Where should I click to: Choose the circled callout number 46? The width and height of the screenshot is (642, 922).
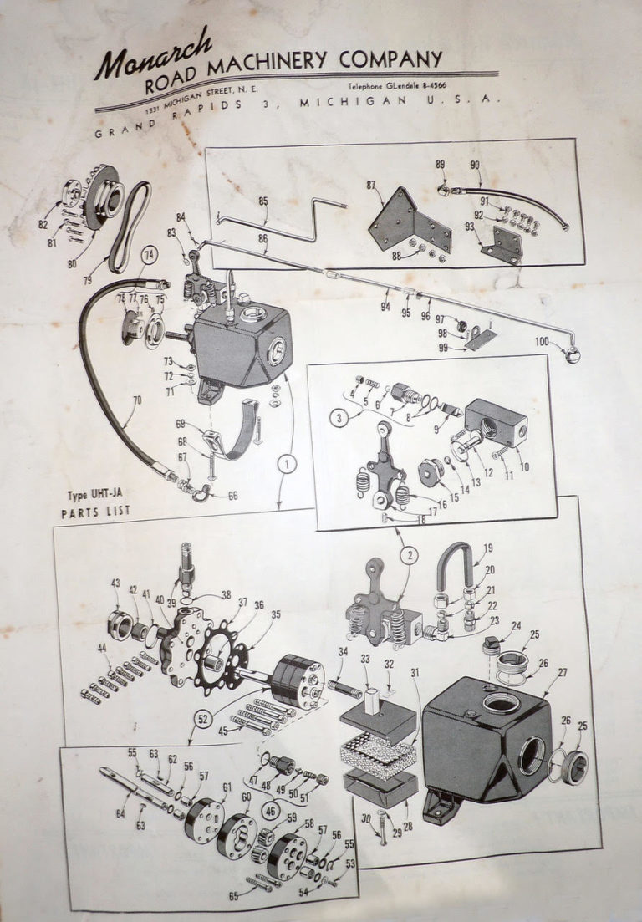[271, 808]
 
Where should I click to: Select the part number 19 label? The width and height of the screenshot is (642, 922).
[487, 549]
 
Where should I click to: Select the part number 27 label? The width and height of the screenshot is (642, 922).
[562, 671]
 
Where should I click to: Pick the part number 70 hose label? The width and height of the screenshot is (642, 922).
[136, 400]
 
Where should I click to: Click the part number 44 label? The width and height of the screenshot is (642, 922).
[103, 649]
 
